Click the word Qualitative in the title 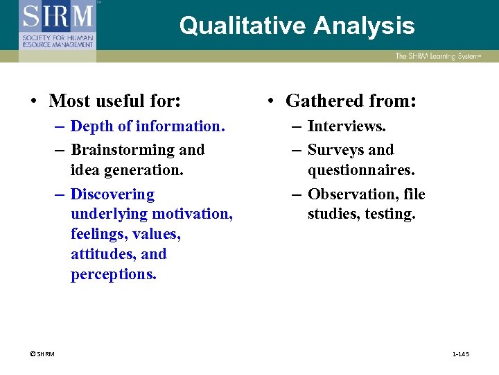(243, 26)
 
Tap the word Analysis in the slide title (364, 26)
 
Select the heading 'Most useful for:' (115, 101)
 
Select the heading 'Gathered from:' (351, 101)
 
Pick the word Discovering (112, 194)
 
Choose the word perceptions (113, 274)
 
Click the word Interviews (347, 126)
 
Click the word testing (390, 214)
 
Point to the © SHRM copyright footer (42, 354)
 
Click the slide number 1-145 (461, 354)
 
